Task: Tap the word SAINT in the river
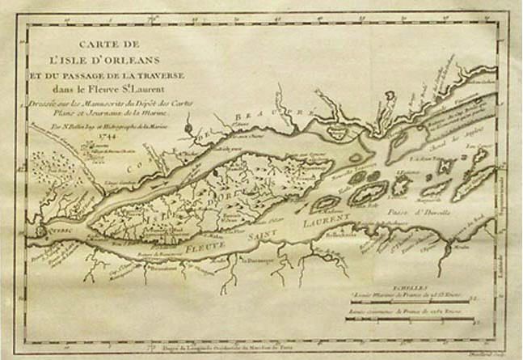259,230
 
